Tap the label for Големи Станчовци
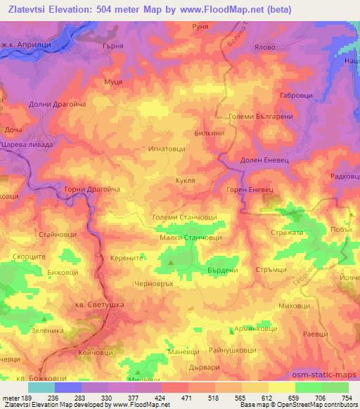point(185,219)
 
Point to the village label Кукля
point(186,180)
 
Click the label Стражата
point(286,231)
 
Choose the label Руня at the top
point(200,25)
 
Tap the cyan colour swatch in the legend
point(41,387)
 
